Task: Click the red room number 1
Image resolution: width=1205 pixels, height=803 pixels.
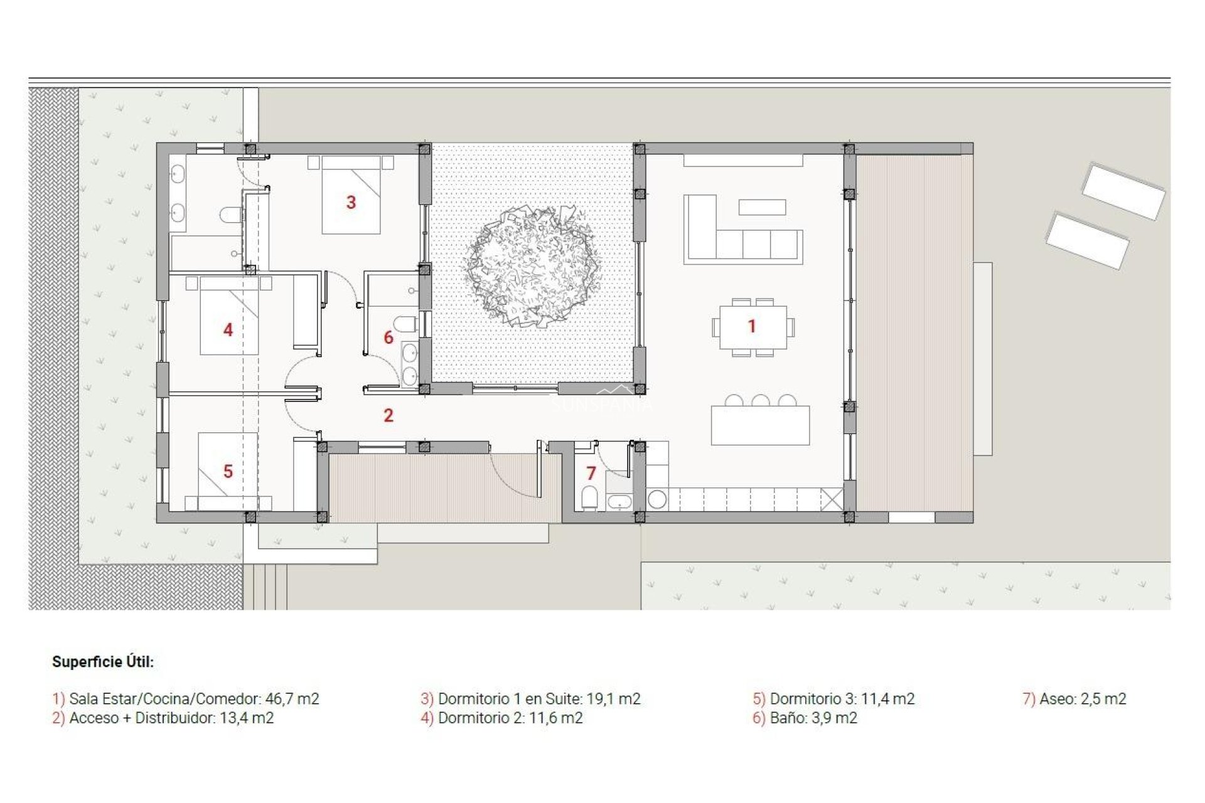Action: pyautogui.click(x=752, y=326)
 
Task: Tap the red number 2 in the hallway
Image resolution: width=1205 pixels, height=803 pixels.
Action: pyautogui.click(x=388, y=415)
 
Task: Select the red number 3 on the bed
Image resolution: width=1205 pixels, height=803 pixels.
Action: pyautogui.click(x=351, y=202)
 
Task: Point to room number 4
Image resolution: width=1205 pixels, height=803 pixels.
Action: pyautogui.click(x=228, y=329)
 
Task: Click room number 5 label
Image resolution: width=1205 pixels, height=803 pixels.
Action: pyautogui.click(x=228, y=471)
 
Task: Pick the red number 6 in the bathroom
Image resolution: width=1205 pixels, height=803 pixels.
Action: pyautogui.click(x=388, y=338)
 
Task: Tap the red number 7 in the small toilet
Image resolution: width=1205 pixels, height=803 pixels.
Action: pyautogui.click(x=591, y=473)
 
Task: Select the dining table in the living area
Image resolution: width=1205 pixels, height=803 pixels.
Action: pyautogui.click(x=753, y=327)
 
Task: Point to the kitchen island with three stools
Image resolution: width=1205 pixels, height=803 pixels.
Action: pyautogui.click(x=760, y=425)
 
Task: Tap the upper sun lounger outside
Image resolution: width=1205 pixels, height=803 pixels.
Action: pyautogui.click(x=1123, y=191)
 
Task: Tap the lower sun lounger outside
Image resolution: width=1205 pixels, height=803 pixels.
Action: pyautogui.click(x=1087, y=242)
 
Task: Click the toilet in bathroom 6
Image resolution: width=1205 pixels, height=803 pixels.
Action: pyautogui.click(x=407, y=325)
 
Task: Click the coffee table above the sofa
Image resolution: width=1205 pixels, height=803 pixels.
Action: pyautogui.click(x=762, y=207)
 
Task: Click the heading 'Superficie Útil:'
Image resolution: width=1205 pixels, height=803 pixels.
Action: pyautogui.click(x=103, y=662)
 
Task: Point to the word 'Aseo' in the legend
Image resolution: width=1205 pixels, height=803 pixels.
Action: pyautogui.click(x=1056, y=699)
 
